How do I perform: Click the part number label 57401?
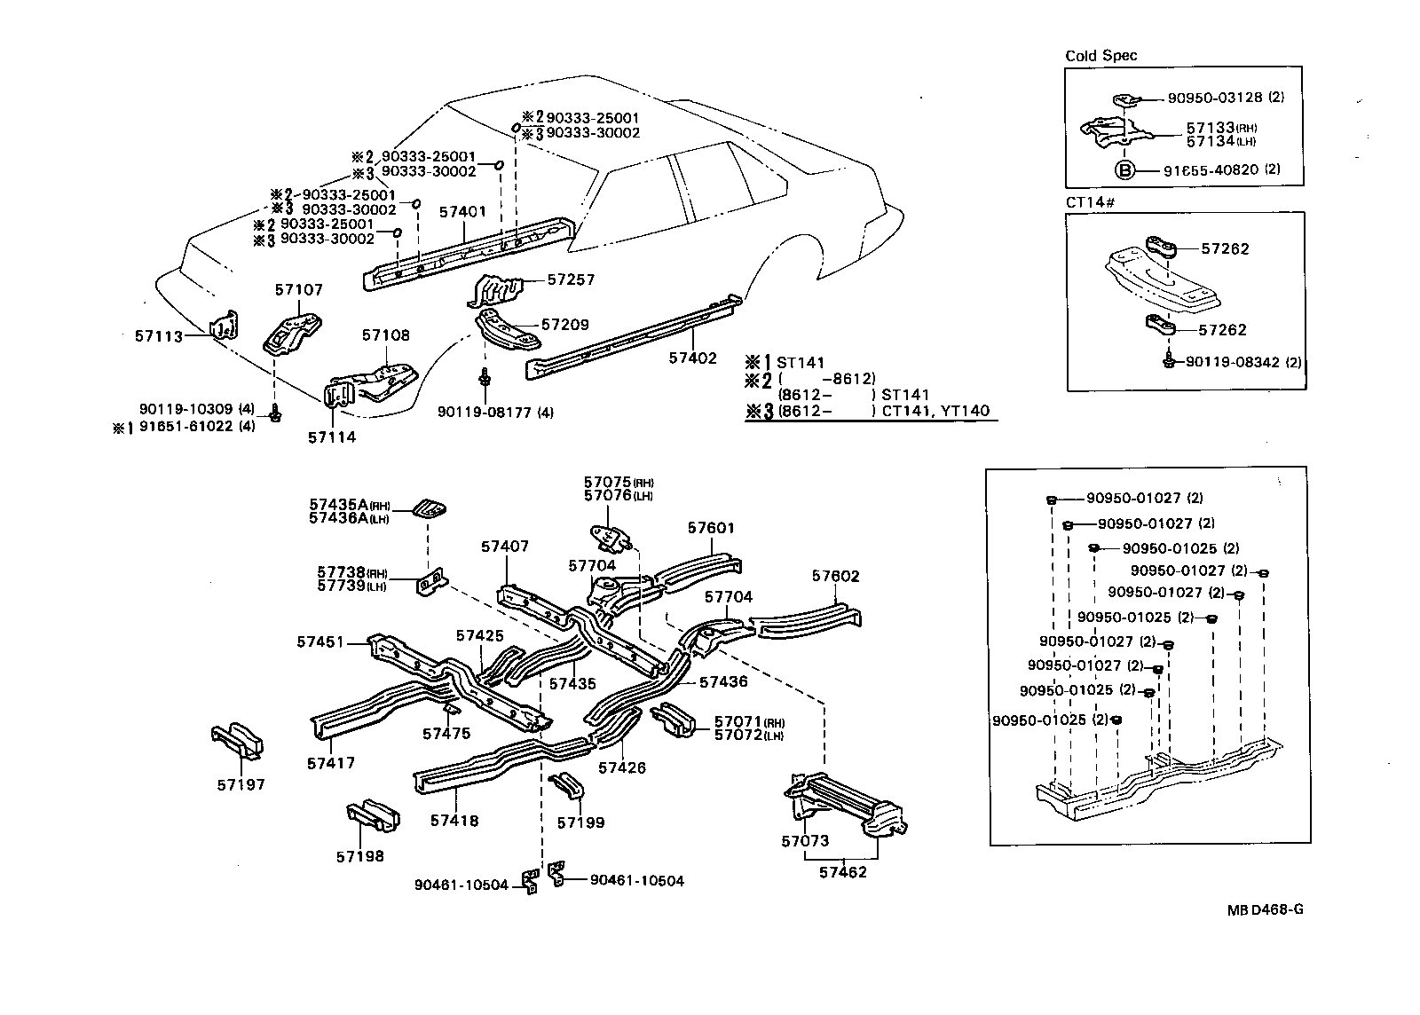click(462, 212)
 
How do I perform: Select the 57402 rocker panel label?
click(691, 358)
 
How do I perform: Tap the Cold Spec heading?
click(1100, 56)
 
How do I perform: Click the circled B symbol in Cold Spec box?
click(1124, 169)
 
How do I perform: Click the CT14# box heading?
click(1089, 202)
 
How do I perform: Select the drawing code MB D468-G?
click(1266, 909)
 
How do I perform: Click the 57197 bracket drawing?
click(238, 742)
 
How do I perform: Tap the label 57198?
click(359, 856)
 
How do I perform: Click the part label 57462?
click(842, 871)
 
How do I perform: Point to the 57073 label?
click(804, 841)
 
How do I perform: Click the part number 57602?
click(835, 576)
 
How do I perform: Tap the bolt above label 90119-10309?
click(275, 413)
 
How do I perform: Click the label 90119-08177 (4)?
click(495, 412)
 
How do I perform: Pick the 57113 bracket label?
click(159, 336)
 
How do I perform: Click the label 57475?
click(446, 733)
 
